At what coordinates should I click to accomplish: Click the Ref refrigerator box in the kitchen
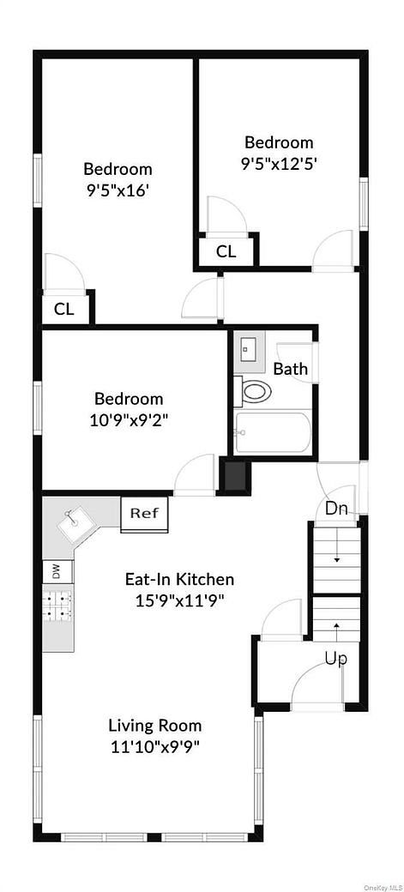pos(144,514)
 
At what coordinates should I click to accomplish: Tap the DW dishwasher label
pos(56,572)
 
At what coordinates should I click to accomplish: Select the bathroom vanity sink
pos(250,349)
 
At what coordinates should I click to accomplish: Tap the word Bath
pos(290,369)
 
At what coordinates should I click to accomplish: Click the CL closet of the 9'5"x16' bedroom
pos(64,310)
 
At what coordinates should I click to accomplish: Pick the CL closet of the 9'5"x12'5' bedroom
pos(226,251)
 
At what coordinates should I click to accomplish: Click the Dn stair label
pos(336,509)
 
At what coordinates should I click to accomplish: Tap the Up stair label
pos(335,658)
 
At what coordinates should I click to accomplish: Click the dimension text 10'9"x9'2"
pos(129,420)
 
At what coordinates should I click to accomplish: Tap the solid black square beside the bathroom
pos(233,476)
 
